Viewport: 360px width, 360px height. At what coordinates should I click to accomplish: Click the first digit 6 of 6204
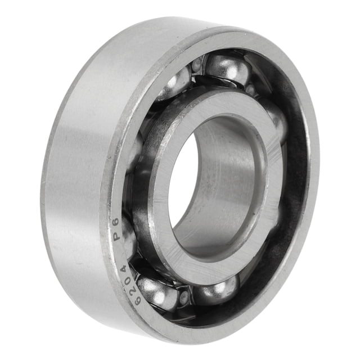click(137, 299)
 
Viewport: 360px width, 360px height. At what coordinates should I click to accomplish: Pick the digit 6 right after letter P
click(116, 222)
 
